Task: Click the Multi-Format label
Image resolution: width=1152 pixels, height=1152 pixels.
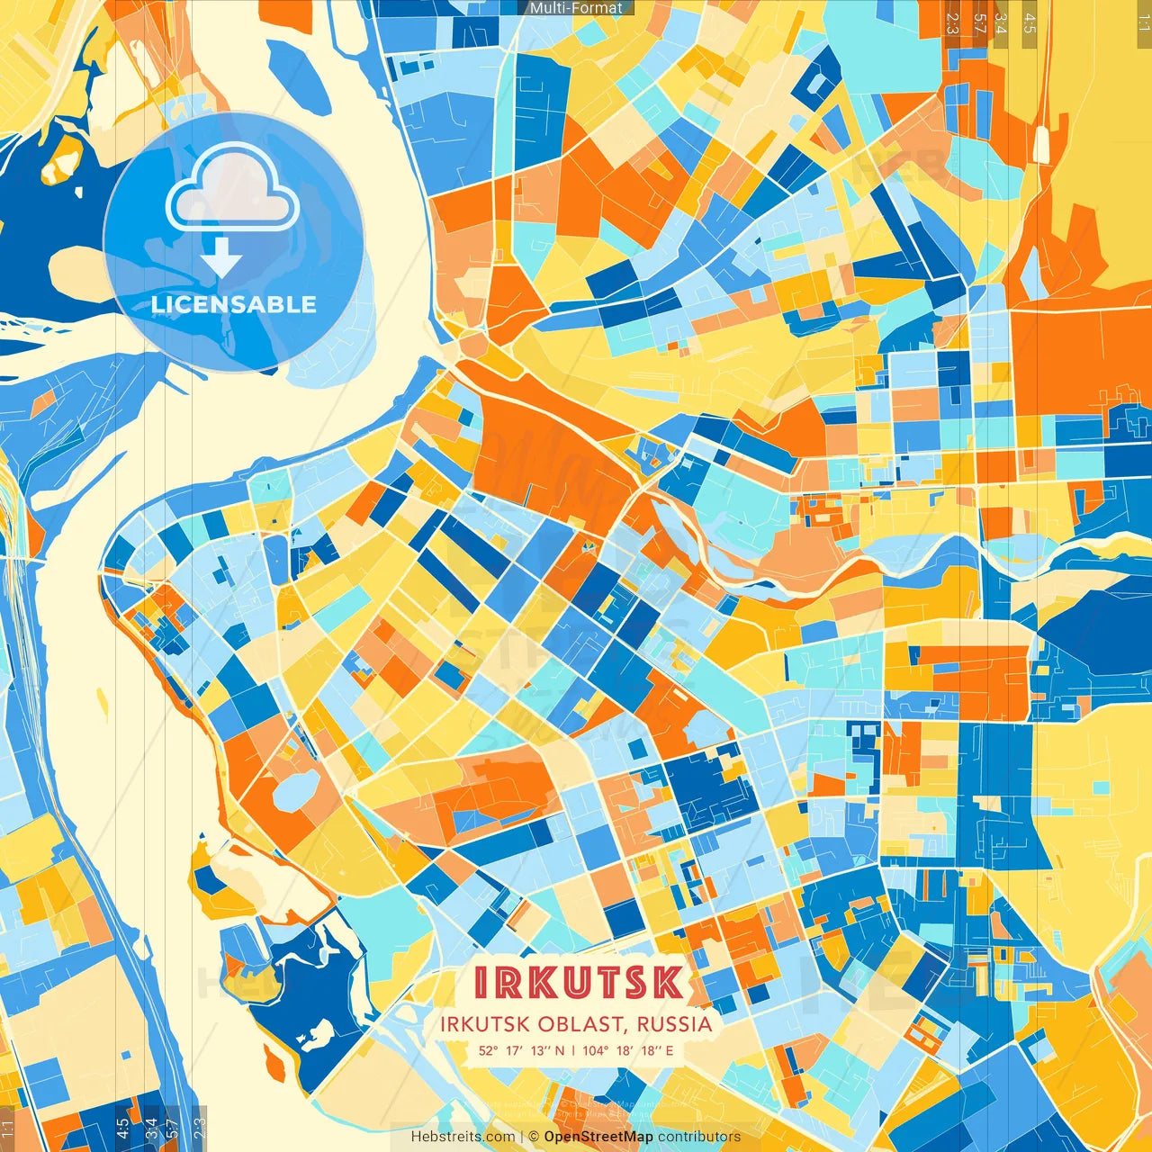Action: click(x=576, y=8)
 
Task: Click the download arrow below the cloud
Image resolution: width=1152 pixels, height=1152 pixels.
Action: click(x=221, y=259)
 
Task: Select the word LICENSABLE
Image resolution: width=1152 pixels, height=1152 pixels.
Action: click(x=234, y=304)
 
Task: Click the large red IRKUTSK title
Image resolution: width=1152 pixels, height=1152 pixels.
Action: click(x=578, y=983)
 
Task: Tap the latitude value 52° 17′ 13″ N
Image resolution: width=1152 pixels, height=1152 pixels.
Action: click(x=522, y=1050)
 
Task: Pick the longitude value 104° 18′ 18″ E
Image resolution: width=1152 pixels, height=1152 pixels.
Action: click(x=627, y=1050)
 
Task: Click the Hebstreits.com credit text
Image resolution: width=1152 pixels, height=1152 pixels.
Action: click(x=463, y=1137)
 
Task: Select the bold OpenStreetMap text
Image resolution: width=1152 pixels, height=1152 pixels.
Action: click(x=598, y=1137)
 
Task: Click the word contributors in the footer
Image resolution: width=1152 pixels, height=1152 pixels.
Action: click(x=699, y=1137)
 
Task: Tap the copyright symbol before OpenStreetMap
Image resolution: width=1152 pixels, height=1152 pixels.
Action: click(x=534, y=1137)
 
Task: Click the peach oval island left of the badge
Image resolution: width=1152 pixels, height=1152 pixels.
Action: click(x=76, y=270)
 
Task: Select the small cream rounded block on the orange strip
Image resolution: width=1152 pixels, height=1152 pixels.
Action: click(x=1042, y=145)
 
